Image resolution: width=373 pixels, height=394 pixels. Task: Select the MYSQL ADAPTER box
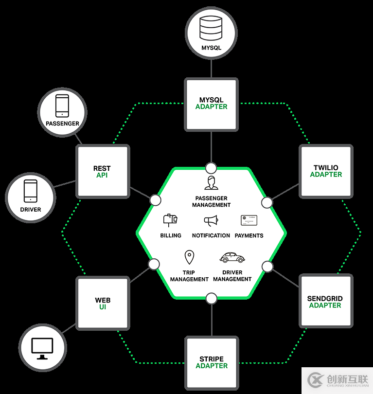(x=211, y=104)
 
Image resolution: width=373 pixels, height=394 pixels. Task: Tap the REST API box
(x=103, y=172)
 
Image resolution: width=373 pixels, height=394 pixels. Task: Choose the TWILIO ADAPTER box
(x=326, y=171)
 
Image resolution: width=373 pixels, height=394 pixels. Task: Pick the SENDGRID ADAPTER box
(x=325, y=302)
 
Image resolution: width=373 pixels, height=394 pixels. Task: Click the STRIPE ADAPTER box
(x=212, y=363)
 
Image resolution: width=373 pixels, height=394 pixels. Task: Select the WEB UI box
(x=103, y=303)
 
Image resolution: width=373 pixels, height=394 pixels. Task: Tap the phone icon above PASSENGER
(x=62, y=106)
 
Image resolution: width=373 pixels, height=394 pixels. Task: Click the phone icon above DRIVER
(x=31, y=191)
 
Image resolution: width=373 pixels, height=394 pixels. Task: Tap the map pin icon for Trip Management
(x=189, y=257)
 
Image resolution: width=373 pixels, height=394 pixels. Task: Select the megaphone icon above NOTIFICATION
(x=211, y=221)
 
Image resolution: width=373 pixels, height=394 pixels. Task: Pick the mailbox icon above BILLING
(x=170, y=220)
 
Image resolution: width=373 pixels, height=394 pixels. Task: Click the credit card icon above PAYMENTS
(x=249, y=220)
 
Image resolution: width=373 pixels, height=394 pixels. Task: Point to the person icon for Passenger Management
(x=211, y=183)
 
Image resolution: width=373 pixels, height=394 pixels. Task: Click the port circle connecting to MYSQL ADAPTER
(x=211, y=168)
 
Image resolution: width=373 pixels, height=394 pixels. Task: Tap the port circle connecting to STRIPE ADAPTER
(x=211, y=298)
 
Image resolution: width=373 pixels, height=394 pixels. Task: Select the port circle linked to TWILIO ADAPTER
(x=266, y=202)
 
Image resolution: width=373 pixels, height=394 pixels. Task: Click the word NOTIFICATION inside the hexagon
(x=211, y=235)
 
